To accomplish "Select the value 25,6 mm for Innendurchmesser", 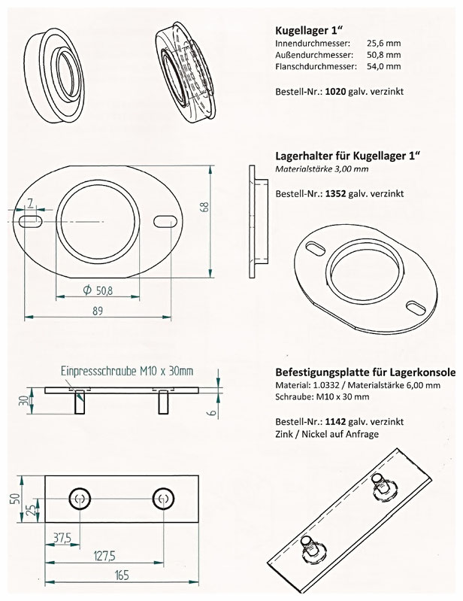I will click(x=386, y=44).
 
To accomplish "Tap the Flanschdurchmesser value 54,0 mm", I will click(x=385, y=67).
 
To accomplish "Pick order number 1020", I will click(x=334, y=91).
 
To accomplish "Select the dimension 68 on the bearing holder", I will click(x=204, y=208).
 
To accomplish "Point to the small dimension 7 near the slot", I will click(x=29, y=202).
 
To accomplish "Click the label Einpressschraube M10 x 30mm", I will click(x=126, y=371).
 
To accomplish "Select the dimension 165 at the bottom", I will click(x=120, y=575).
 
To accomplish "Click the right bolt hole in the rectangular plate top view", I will click(x=162, y=498).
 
